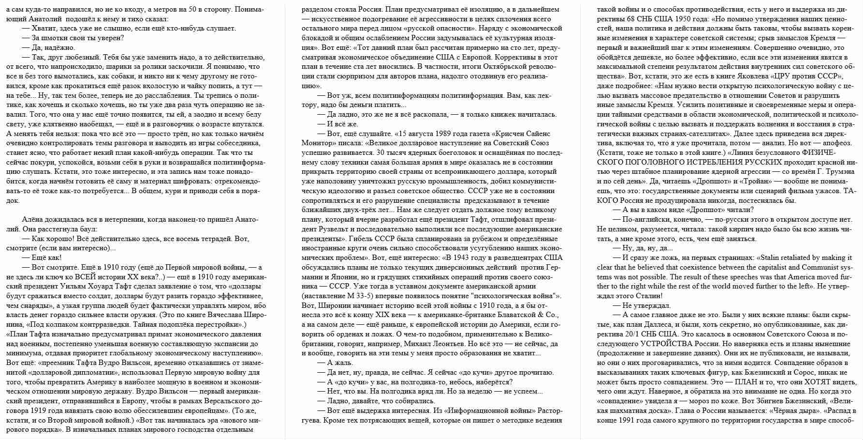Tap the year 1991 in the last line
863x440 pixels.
coord(626,420)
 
